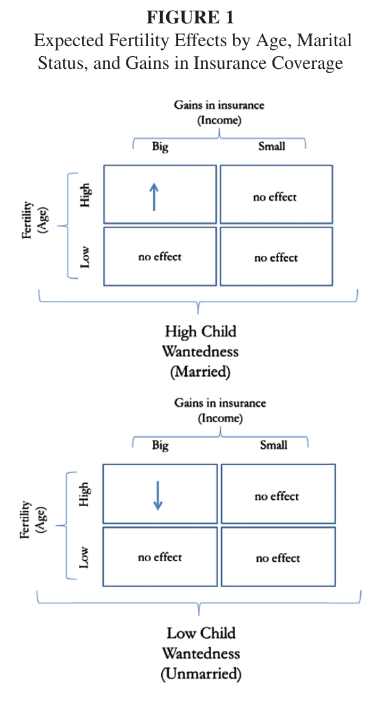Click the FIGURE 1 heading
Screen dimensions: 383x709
coord(190,18)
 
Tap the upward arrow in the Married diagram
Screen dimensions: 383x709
coord(154,197)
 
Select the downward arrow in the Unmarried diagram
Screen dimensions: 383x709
coord(157,495)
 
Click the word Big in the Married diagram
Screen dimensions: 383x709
coord(160,147)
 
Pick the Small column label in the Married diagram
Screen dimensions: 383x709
coord(271,146)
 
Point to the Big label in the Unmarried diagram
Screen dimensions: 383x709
coord(160,445)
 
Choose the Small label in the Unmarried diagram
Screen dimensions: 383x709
coord(273,445)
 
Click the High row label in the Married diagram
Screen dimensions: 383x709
coord(85,195)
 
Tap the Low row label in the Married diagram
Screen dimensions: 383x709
coord(85,257)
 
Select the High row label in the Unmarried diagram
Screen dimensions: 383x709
coord(84,494)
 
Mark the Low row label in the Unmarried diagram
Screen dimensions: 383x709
coord(83,557)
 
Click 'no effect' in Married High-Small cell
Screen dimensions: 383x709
coord(275,197)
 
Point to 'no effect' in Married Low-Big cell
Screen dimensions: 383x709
coord(160,257)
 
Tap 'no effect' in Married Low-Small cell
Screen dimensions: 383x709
coord(276,258)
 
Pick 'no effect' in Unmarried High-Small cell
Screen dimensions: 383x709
coord(277,497)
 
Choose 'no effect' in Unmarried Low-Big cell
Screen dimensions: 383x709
coord(160,557)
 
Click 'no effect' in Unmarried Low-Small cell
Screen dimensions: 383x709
coord(277,558)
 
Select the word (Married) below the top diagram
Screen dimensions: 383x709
coord(200,372)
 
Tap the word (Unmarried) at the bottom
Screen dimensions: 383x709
coord(201,674)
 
